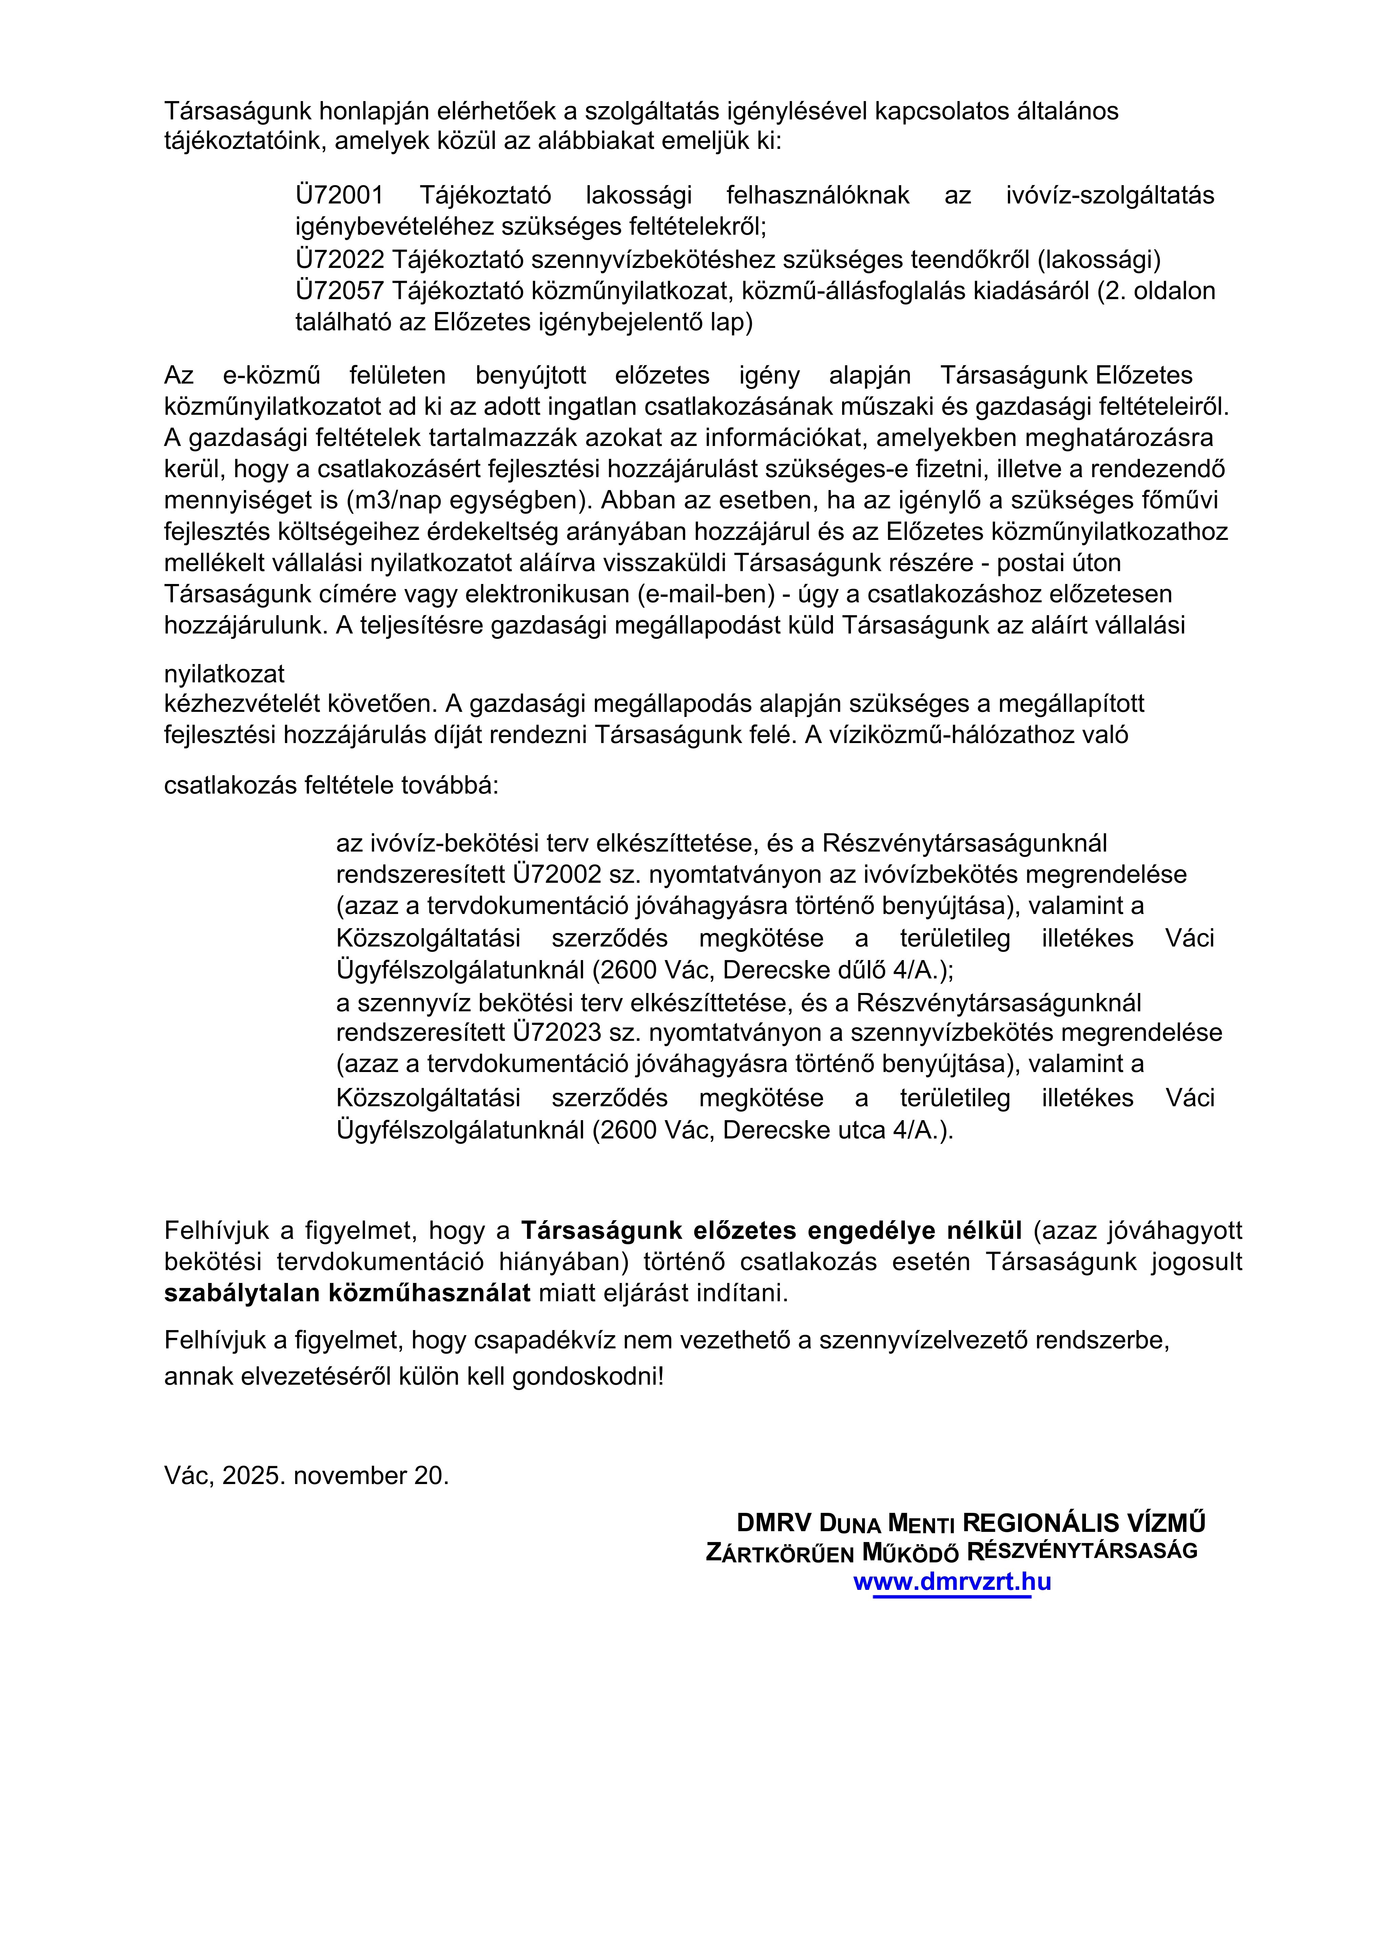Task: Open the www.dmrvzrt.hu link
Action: click(x=952, y=1581)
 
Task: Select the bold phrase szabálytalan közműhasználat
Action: click(x=347, y=1293)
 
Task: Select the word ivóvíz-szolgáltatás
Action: click(x=1110, y=195)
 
